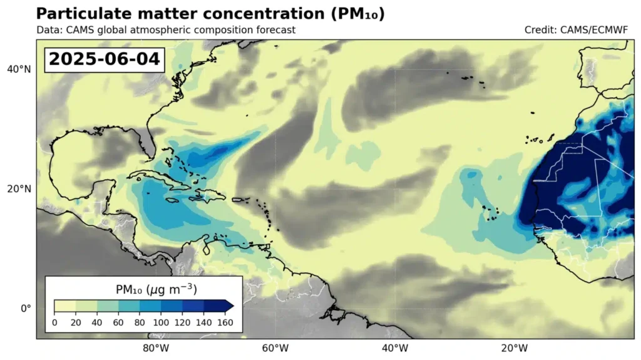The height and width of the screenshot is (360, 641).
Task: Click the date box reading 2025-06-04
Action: pyautogui.click(x=105, y=59)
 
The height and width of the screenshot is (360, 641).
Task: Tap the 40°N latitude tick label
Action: pyautogui.click(x=18, y=69)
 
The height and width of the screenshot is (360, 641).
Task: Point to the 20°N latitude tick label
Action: pyautogui.click(x=18, y=188)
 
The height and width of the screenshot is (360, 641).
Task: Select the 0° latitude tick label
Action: pyautogui.click(x=24, y=308)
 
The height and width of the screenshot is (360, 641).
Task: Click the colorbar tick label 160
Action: pyautogui.click(x=225, y=322)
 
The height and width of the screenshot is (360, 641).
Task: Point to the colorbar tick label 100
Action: pyautogui.click(x=161, y=322)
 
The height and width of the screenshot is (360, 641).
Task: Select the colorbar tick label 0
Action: pyautogui.click(x=54, y=322)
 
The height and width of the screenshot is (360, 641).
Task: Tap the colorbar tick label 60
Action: pyautogui.click(x=118, y=322)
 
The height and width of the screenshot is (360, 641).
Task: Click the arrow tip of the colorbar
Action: pyautogui.click(x=232, y=306)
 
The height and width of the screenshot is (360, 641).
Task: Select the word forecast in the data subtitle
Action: pyautogui.click(x=273, y=29)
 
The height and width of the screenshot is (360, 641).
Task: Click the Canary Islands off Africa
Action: pyautogui.click(x=538, y=139)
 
